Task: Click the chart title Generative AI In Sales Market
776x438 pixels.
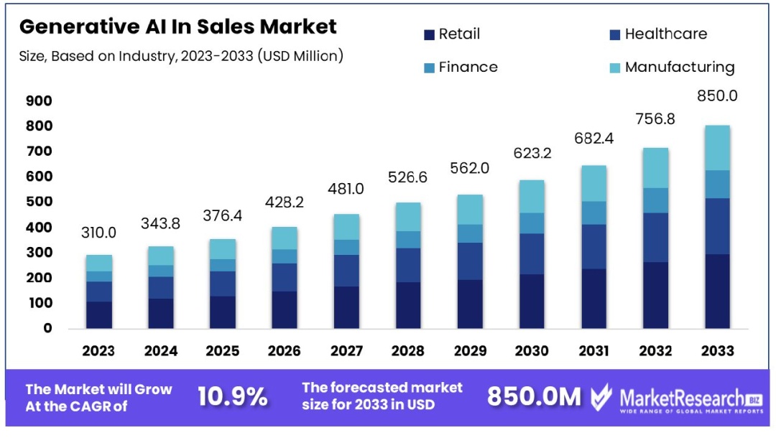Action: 177,27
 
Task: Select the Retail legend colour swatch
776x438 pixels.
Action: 430,34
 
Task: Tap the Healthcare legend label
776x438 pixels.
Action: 665,34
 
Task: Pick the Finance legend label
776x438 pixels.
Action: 468,67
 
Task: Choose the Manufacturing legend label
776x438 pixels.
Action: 680,67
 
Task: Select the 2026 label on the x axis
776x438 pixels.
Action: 284,350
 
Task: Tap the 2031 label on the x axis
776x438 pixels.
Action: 593,350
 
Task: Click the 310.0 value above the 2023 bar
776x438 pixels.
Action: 98,233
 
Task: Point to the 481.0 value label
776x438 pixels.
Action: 346,189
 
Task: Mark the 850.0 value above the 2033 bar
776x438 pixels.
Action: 717,95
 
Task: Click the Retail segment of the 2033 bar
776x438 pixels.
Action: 717,291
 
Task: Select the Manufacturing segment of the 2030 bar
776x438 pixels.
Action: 532,196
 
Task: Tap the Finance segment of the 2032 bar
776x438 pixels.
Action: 655,200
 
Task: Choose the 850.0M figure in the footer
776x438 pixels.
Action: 534,396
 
